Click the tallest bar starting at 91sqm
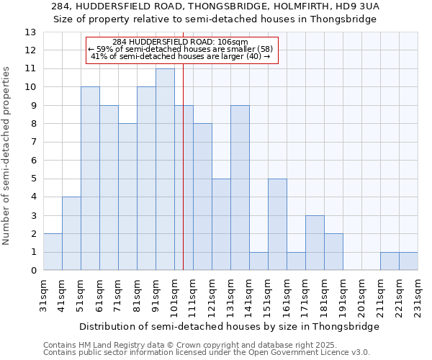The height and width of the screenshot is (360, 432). coord(165,170)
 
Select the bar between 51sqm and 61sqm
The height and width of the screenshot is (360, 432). coord(90,179)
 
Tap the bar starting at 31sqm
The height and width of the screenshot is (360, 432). coord(53,252)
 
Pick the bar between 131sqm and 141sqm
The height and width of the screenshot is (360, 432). coord(240,188)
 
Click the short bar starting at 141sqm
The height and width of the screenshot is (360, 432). coord(258,261)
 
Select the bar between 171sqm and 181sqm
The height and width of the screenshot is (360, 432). coord(315,243)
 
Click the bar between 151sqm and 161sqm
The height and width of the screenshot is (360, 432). coord(277,225)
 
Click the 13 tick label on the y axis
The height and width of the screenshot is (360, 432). coord(30,32)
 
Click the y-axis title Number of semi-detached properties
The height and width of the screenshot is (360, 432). coord(7,155)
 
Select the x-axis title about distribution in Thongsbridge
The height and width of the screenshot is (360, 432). coord(229,326)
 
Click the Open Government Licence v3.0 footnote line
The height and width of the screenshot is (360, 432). coord(207,353)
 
